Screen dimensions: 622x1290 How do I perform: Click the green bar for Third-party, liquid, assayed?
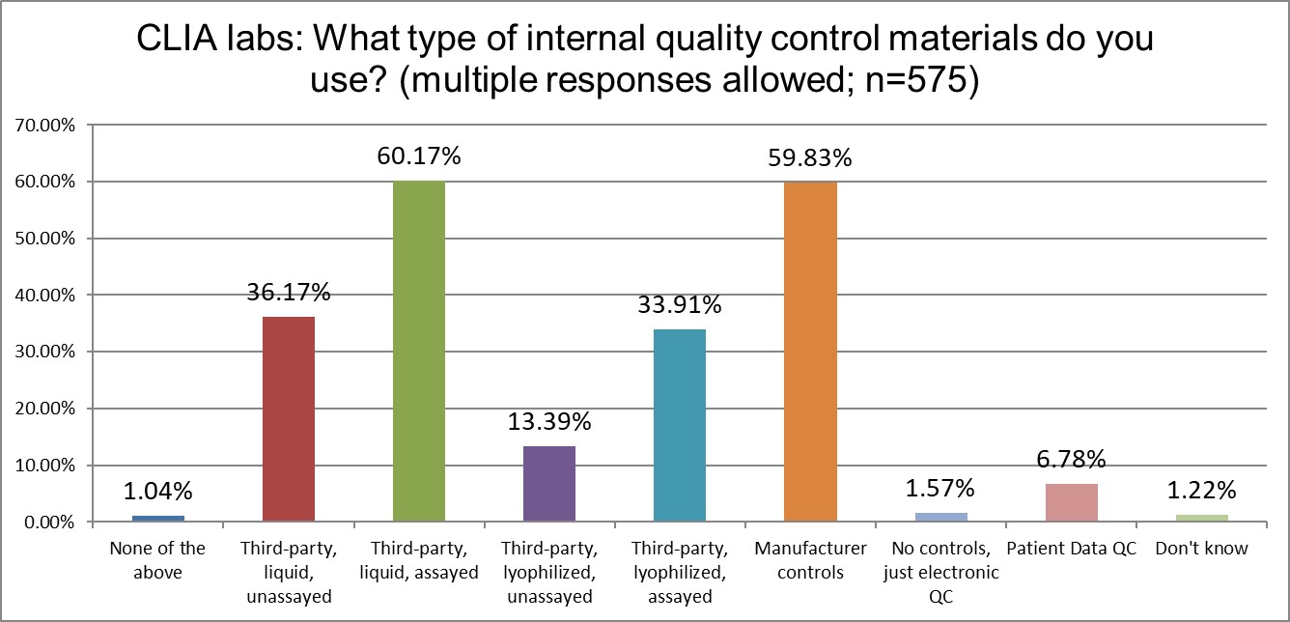418,352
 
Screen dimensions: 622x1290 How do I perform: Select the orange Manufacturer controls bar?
810,353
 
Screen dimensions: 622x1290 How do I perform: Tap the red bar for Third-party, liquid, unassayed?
288,419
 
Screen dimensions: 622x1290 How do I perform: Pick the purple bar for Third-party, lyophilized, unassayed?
549,484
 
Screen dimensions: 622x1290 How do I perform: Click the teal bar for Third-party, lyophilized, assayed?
680,426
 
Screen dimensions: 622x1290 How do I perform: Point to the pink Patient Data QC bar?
1072,502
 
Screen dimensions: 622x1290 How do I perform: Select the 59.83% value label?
811,157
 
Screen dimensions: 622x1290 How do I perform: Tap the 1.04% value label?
158,491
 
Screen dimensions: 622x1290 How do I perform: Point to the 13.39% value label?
549,421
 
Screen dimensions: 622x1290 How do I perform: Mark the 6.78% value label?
1072,459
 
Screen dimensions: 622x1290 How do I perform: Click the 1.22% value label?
1202,490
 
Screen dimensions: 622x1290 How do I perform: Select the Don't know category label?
1202,550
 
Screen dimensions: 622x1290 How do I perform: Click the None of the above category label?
157,560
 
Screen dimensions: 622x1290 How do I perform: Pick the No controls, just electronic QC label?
941,573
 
